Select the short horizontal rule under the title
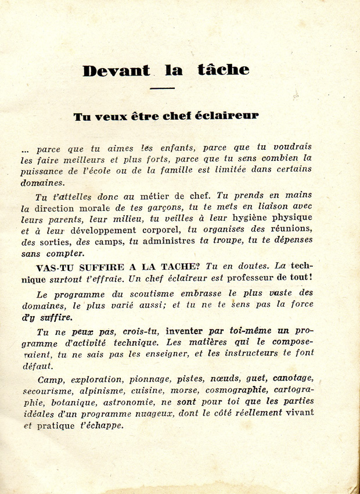[x=162, y=88]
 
